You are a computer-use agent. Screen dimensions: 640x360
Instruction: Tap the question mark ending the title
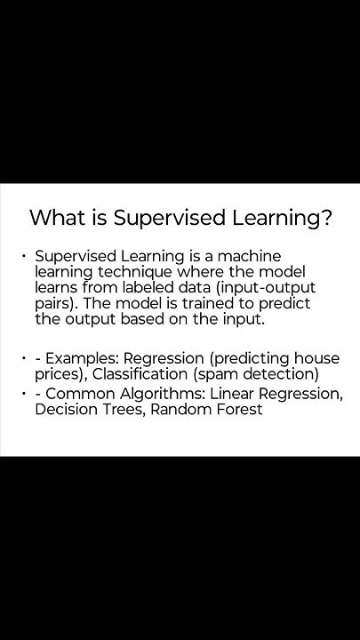click(326, 218)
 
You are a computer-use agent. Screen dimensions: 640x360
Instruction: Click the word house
click(317, 358)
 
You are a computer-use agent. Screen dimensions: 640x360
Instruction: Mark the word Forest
click(233, 409)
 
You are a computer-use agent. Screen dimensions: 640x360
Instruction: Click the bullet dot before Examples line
click(24, 358)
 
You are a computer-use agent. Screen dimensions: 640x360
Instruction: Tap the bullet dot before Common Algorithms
click(24, 393)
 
